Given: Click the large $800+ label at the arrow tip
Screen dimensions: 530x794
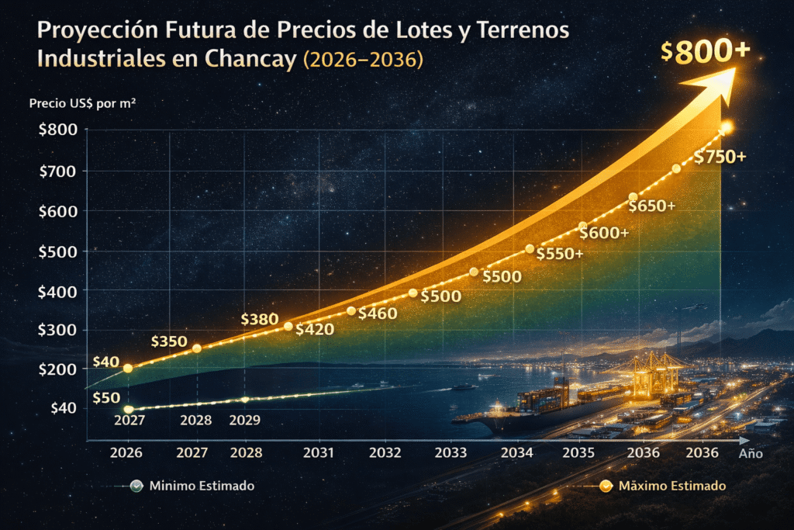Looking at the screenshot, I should point(705,50).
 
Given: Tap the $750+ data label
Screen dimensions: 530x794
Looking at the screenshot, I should point(720,157).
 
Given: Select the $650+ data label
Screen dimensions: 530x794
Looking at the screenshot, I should point(652,206).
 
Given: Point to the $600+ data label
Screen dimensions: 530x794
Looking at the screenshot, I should point(604,233).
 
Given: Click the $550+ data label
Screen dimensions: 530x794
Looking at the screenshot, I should point(559,254).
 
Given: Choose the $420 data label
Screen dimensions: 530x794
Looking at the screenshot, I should point(314,329).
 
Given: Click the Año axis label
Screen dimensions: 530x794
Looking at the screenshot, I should point(751,454).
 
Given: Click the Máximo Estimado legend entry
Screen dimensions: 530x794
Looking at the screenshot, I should point(671,486).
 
